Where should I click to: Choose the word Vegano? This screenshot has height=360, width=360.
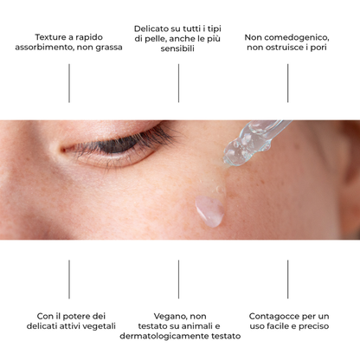coord(166,316)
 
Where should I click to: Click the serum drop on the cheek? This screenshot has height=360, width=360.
coord(209,209)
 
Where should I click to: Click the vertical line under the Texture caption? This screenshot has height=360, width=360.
coord(69,83)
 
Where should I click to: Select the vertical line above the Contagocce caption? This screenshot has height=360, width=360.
coord(288,280)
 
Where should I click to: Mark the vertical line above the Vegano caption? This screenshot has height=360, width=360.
coord(179,280)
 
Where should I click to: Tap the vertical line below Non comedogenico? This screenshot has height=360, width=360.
coord(288,83)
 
